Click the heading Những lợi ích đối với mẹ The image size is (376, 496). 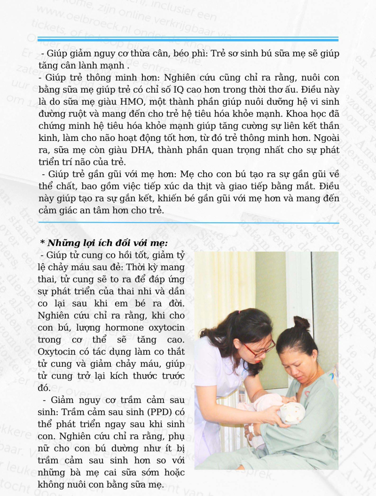[104, 243]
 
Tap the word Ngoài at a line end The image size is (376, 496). [325, 139]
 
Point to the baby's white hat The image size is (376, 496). [292, 412]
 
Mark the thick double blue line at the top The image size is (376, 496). [188, 39]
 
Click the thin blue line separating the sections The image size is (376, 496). [188, 223]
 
